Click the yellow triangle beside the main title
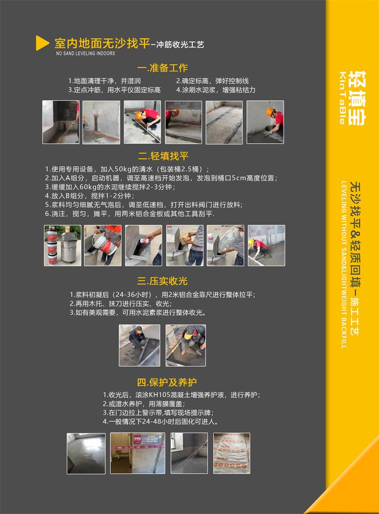42,43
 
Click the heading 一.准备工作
162,68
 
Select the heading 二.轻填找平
163,156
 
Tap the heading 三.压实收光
162,281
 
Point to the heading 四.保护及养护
167,382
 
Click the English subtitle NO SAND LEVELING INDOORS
86,53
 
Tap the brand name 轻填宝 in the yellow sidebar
357,98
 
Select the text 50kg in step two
123,169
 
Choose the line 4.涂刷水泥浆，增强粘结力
216,90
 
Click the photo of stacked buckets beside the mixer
63,245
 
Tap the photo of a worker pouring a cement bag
226,245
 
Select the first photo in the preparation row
61,122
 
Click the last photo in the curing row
232,453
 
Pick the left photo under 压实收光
140,345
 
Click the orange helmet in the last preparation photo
270,112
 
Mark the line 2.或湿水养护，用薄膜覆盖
144,404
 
